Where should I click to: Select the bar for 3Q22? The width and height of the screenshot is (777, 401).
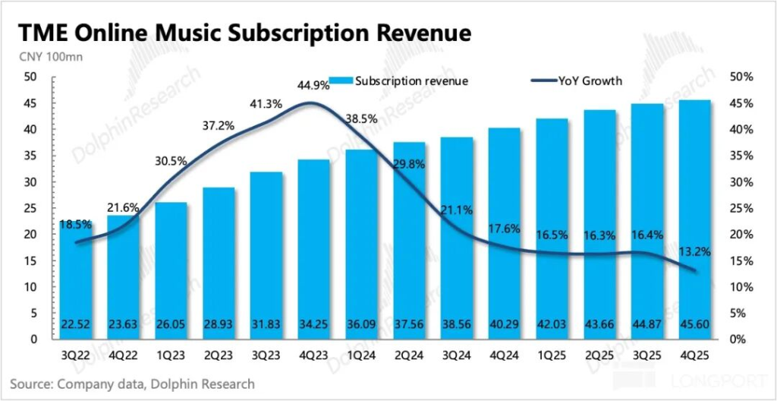(x=77, y=281)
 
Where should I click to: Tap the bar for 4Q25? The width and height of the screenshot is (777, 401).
(x=695, y=220)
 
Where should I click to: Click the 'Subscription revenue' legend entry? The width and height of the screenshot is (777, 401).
(x=402, y=81)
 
